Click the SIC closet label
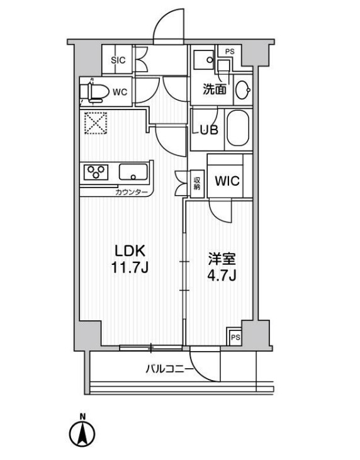coord(118,60)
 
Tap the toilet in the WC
coord(93,92)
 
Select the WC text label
coord(120,92)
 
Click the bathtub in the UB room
coord(238,129)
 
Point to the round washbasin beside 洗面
coord(243,89)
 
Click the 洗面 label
coord(215,89)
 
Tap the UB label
coord(209,130)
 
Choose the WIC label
coord(227,181)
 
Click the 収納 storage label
coord(196,184)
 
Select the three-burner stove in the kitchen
coord(96,172)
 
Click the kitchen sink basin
coord(133,172)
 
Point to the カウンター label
coord(132,193)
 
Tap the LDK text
coord(130,251)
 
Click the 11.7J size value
coord(130,267)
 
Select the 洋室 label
coord(222,259)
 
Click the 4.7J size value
coord(222,275)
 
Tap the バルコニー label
coord(169,369)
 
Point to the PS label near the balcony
coord(235,337)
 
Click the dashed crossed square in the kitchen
coord(96,123)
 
